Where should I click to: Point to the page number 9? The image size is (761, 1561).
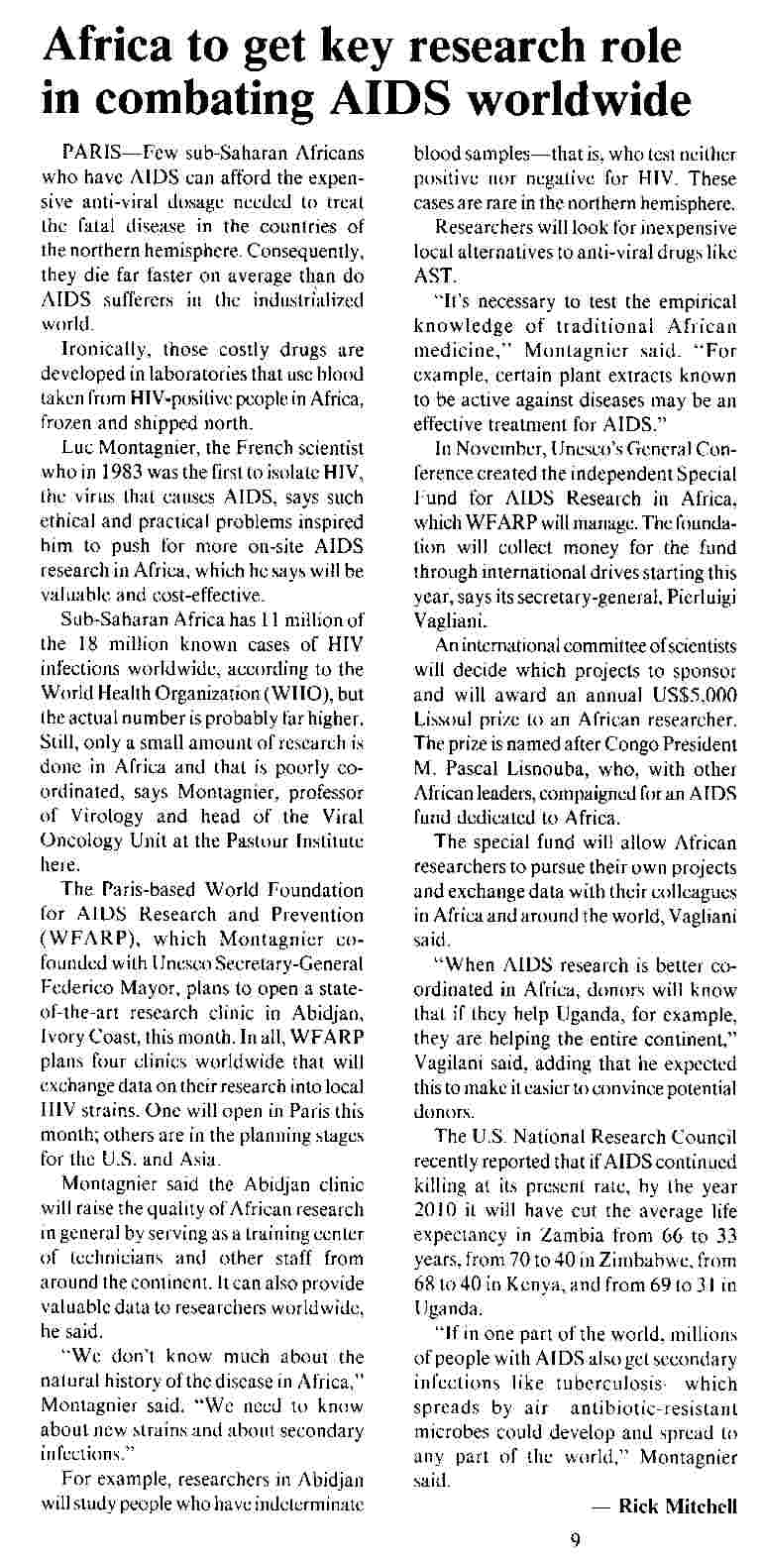(575, 1539)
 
